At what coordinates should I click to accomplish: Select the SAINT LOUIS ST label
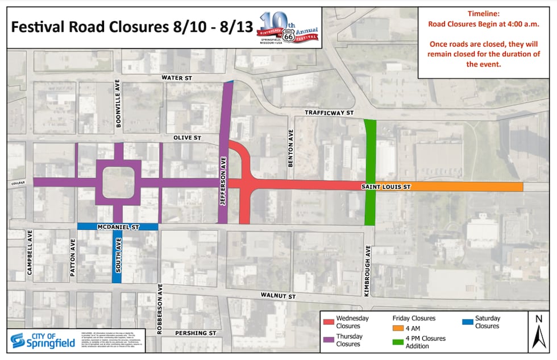click(381, 186)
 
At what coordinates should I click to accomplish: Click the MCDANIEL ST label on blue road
click(118, 227)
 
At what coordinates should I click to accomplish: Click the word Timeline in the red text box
click(484, 14)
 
